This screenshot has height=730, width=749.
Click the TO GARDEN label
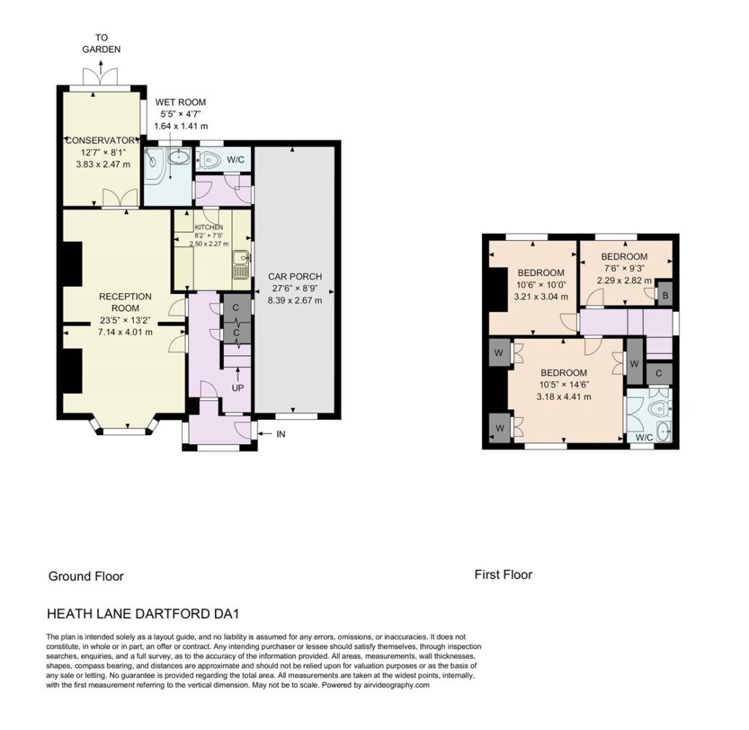click(101, 43)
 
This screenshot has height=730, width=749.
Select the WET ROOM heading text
click(181, 102)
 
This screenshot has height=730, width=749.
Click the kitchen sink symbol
click(241, 265)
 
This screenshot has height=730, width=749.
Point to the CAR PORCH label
click(295, 276)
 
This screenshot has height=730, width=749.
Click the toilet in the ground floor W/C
click(208, 159)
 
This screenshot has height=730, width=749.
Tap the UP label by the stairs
click(238, 388)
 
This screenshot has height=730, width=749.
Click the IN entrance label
click(281, 434)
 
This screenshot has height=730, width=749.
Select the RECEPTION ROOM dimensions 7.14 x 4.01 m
click(125, 332)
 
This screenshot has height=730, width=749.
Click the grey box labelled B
click(665, 296)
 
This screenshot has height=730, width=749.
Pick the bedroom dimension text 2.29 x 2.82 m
click(625, 280)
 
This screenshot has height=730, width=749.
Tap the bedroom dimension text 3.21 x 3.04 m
click(541, 297)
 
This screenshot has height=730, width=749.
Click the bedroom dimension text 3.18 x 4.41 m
click(564, 397)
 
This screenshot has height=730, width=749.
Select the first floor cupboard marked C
click(659, 374)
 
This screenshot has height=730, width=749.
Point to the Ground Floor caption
click(86, 576)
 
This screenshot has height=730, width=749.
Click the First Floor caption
click(503, 575)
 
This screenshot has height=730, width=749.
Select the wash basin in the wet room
click(178, 157)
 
